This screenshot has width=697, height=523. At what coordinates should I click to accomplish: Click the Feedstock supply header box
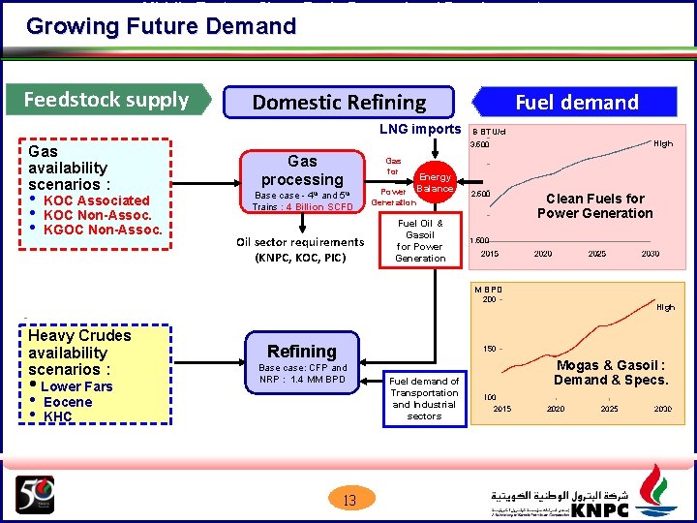106,100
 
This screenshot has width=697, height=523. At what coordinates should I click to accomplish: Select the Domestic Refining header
339,103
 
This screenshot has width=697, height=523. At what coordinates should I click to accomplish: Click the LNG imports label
419,129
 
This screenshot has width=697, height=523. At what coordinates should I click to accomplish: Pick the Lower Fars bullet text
77,386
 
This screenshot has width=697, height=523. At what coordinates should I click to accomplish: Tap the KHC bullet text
58,416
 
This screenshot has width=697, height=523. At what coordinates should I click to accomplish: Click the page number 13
349,501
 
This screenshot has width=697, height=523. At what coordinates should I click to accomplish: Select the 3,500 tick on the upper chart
480,146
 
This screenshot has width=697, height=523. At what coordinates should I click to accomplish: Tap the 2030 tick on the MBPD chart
662,409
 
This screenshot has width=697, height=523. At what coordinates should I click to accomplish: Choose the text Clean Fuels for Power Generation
594,206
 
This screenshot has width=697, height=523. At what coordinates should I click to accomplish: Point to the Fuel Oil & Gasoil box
420,240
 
